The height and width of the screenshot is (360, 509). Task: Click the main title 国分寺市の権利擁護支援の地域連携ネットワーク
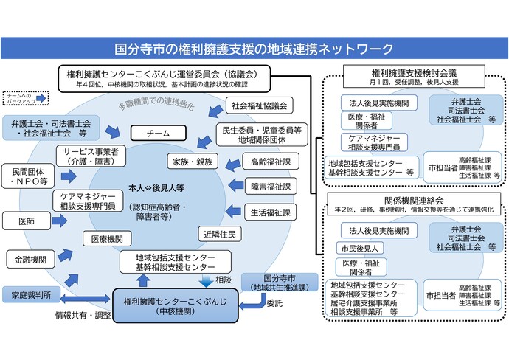point(254,49)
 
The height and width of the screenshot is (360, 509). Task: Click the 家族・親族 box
point(193,160)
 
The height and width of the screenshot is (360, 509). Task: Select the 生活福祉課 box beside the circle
point(270,211)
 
